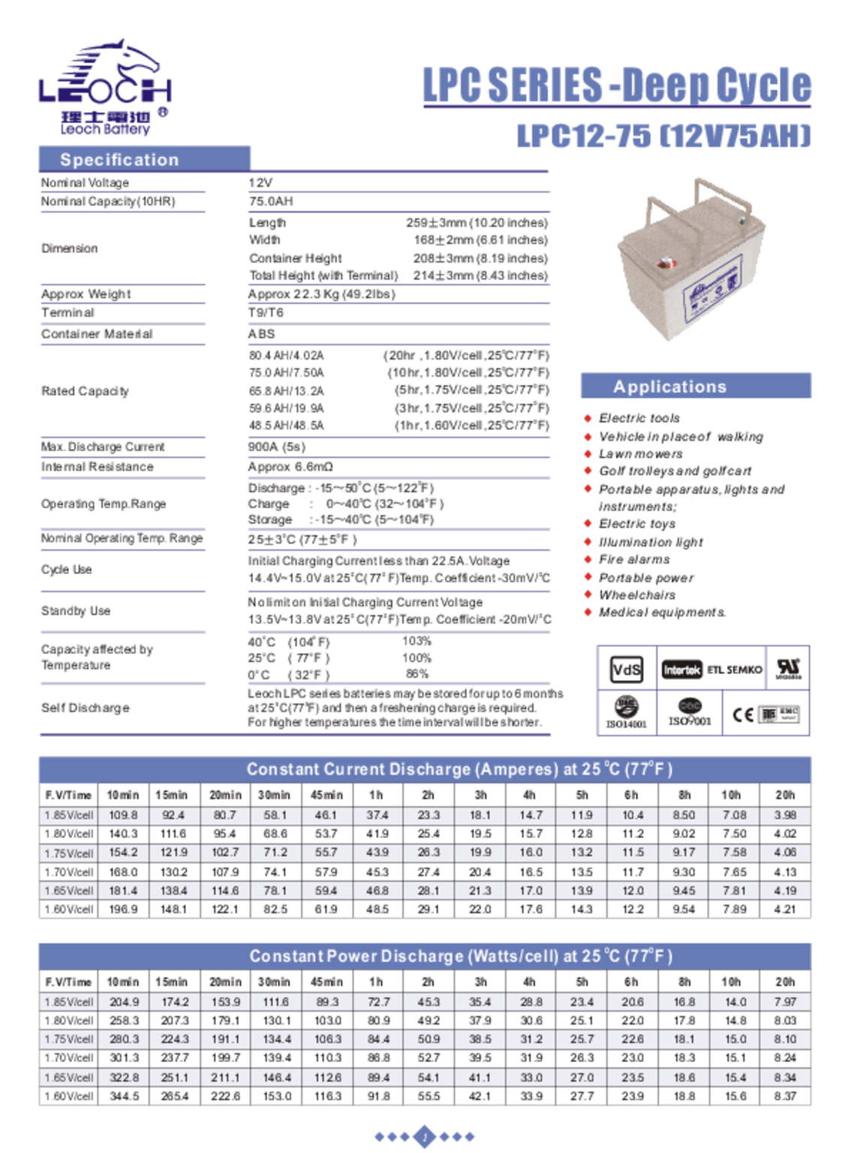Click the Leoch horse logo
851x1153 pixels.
coord(105,86)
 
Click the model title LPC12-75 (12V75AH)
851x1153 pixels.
coord(663,136)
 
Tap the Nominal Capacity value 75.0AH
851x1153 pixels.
coord(271,201)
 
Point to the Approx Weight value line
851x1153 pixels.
coord(321,294)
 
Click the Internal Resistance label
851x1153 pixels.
coord(97,467)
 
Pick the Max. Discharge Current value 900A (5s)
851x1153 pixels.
coord(276,447)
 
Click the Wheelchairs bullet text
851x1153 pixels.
coord(637,595)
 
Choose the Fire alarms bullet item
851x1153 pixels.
coord(634,559)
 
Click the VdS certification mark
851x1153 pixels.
coord(627,670)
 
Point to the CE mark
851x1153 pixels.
coord(741,715)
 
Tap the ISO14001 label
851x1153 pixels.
coord(626,724)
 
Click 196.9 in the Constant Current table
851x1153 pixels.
coord(123,909)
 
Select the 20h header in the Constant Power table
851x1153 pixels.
coord(785,982)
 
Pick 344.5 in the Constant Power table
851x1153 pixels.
coord(124,1096)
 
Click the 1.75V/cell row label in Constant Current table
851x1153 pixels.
coord(69,853)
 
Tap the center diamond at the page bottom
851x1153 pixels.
coord(425,1136)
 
